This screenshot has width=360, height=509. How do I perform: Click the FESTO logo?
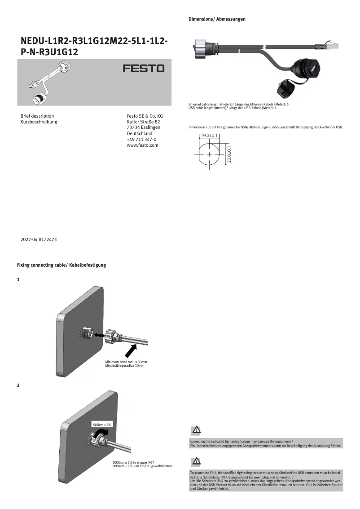[144, 70]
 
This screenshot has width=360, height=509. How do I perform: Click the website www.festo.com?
[143, 145]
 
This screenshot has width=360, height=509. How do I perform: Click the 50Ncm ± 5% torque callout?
[102, 424]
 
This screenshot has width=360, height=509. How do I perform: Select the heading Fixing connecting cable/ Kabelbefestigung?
[61, 265]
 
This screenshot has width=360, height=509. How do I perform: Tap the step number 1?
[18, 280]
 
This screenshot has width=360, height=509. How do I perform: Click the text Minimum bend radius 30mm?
[126, 362]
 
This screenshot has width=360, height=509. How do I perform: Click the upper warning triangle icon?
[196, 430]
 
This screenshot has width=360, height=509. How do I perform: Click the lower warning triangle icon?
[196, 461]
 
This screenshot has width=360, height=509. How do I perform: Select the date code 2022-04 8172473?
[39, 240]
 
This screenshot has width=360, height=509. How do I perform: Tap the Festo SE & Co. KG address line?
[145, 116]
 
